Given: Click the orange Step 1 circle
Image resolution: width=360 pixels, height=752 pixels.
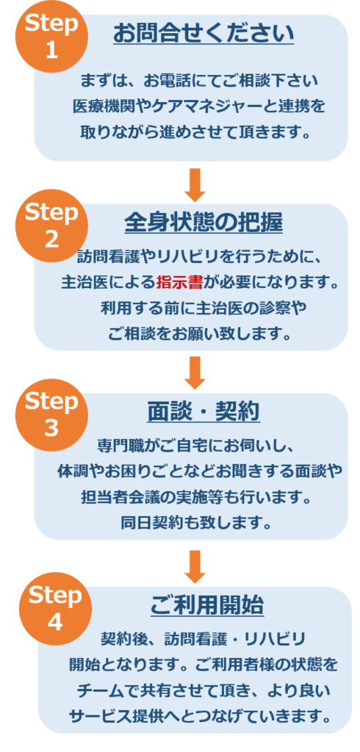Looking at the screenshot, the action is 52,37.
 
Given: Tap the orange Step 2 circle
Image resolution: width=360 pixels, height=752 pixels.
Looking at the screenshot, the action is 52,225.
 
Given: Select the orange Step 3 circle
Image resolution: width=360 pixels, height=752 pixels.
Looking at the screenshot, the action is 52,415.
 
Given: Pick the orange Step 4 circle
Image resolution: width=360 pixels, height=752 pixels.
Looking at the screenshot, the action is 56,609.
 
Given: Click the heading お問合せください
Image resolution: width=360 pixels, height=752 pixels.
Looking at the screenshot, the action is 204,34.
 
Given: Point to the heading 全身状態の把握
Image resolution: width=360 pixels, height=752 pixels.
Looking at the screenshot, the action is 204,223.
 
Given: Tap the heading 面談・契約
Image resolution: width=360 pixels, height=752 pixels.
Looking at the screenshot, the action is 204,411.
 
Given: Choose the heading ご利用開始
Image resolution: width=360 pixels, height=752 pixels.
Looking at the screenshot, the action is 207,605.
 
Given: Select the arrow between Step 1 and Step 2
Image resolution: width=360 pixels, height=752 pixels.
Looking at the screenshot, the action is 195,185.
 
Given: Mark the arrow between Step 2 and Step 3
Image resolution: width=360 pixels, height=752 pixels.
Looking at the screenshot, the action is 195,373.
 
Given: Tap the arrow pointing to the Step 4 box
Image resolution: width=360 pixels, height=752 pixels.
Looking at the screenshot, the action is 195,567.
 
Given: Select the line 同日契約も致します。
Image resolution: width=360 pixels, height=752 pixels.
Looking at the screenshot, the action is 197,522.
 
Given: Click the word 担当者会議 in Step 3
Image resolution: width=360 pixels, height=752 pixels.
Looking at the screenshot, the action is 120,497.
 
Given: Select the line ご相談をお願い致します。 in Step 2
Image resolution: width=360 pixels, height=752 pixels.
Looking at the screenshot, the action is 200,333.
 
